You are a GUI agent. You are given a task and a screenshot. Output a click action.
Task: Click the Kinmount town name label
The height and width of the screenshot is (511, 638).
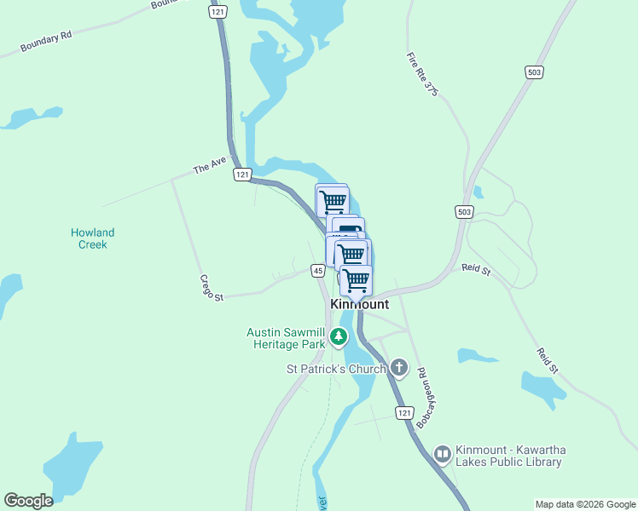click(359, 305)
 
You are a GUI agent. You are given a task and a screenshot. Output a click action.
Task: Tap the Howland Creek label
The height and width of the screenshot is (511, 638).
click(92, 238)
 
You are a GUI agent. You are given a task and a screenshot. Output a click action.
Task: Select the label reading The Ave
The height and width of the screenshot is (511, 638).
click(209, 166)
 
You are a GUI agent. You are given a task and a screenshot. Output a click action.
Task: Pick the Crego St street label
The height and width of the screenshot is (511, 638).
click(212, 288)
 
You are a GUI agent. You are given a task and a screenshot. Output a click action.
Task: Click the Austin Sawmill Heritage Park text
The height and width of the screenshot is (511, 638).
click(287, 337)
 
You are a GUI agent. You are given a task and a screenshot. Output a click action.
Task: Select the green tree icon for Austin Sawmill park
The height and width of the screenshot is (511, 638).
click(339, 337)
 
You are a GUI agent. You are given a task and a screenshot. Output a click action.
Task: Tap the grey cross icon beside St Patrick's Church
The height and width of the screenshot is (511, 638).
click(398, 369)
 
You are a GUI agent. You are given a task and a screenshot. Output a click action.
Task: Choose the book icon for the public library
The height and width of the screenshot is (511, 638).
click(442, 455)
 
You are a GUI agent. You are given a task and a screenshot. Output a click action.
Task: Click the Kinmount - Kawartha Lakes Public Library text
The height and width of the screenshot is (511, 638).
click(509, 456)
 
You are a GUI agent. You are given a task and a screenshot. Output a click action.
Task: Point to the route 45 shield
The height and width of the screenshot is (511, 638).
click(317, 271)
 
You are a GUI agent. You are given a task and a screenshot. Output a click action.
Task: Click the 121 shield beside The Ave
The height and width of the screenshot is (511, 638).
click(243, 174)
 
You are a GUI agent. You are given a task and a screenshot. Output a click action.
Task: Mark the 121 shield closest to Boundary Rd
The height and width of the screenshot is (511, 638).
click(217, 13)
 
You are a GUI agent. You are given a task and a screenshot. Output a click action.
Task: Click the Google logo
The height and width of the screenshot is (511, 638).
click(28, 501)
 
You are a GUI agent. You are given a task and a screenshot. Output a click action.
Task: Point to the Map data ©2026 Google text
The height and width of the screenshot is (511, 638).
click(585, 504)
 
